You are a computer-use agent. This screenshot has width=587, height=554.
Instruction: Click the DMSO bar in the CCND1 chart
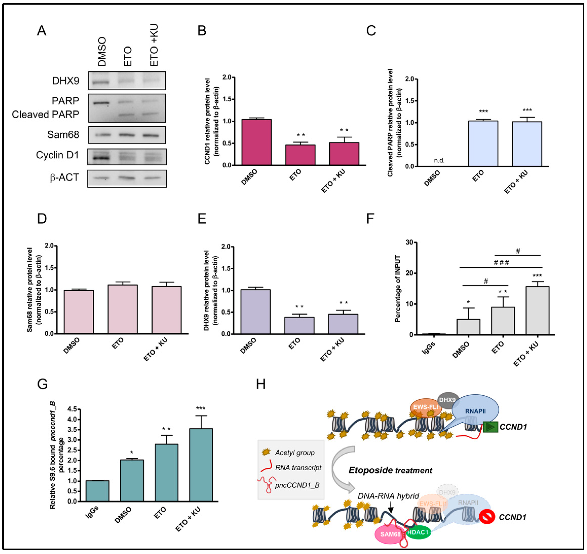pos(256,142)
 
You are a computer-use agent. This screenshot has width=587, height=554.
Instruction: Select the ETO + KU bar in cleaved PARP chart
pos(527,144)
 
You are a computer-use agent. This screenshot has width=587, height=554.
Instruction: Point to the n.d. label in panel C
pos(439,160)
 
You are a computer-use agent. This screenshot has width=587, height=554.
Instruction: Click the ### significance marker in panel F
pos(501,262)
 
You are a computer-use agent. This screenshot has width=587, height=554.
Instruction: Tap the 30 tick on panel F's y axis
pos(409,242)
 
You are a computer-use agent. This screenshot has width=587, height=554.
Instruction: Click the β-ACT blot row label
pos(65,177)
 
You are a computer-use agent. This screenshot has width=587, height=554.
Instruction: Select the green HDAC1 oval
pos(418,532)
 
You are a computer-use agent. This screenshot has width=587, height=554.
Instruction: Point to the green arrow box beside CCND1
pos(491,427)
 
